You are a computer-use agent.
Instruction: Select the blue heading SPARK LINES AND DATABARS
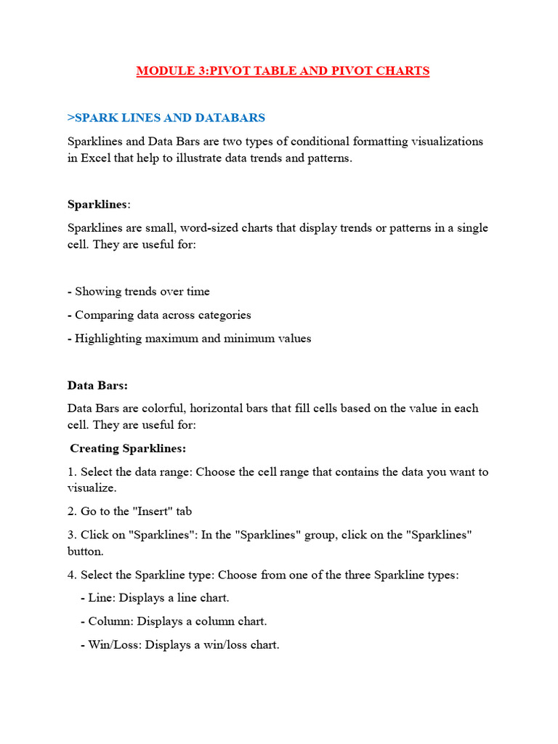166,118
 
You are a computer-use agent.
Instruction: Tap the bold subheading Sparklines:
99,204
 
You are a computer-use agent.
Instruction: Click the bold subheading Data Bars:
97,385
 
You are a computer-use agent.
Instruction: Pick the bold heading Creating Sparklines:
128,448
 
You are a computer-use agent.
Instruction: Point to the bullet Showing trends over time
139,292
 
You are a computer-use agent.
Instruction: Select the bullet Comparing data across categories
159,315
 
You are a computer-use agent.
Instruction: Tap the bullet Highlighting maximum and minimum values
190,339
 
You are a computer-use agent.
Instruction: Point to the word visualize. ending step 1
92,488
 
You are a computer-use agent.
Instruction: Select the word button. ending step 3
85,551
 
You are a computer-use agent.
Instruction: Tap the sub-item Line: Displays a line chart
155,599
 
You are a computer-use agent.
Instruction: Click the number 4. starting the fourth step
72,575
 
